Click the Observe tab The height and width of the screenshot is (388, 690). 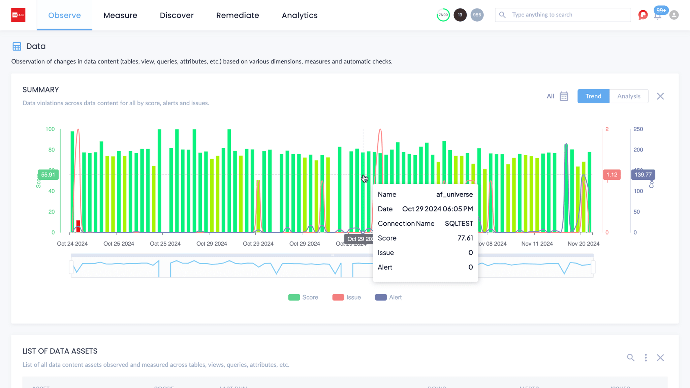64,16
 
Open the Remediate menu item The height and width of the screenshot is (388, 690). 238,16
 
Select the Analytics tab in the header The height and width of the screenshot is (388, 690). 300,16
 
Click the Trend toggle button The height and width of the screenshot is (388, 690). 593,96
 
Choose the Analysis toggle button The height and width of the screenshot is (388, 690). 629,96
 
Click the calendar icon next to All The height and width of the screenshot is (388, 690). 564,96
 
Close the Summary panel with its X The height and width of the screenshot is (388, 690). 660,96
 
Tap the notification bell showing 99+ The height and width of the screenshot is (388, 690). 657,15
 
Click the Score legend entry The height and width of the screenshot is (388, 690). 303,297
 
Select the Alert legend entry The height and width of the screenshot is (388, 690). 388,297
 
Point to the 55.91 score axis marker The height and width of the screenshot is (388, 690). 48,175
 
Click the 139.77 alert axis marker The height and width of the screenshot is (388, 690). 643,175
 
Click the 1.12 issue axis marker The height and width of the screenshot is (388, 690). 611,175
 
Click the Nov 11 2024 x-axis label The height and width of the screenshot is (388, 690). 537,244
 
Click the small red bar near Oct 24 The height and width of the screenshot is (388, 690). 78,226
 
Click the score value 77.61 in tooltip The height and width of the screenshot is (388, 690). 465,238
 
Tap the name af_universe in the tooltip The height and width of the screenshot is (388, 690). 454,195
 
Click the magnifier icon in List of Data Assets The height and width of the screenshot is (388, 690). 630,358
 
